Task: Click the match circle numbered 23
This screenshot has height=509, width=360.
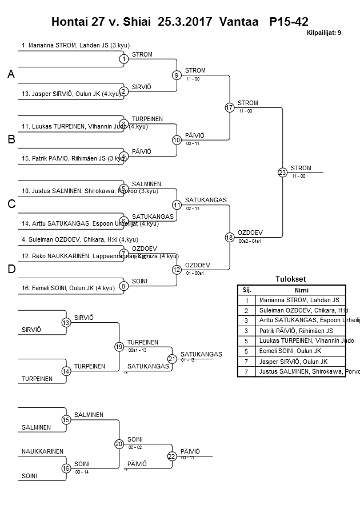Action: [x=282, y=172]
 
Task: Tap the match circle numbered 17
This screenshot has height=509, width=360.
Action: [x=230, y=107]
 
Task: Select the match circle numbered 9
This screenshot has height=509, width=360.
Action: [x=177, y=75]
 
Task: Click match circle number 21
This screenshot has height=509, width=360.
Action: [x=172, y=358]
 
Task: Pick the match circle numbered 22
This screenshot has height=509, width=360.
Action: [x=172, y=456]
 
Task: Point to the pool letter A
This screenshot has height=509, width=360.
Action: [x=11, y=75]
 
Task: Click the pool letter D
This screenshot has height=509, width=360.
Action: [x=11, y=269]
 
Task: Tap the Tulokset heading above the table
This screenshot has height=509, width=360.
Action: [x=291, y=279]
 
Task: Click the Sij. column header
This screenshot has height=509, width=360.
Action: [x=246, y=290]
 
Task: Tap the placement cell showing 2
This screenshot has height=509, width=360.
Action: [x=246, y=310]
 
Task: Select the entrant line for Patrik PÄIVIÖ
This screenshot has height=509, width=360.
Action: [x=69, y=158]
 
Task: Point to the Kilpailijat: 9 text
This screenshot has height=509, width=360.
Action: [x=323, y=33]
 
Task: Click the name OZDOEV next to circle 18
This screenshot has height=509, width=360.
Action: [x=250, y=233]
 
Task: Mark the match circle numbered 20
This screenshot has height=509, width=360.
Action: [x=119, y=443]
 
